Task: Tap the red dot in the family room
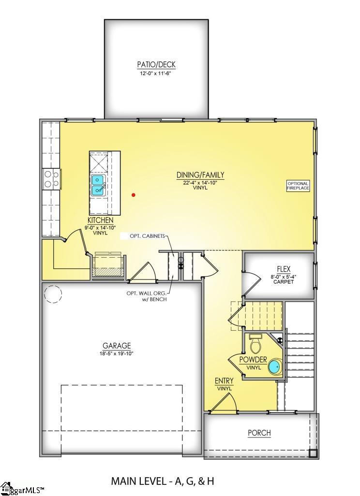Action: [x=134, y=195]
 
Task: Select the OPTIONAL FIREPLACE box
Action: [x=298, y=186]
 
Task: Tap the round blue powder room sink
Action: [x=274, y=367]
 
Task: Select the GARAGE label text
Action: [x=117, y=346]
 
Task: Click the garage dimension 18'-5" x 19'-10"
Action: [x=117, y=353]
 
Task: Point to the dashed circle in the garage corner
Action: [x=53, y=293]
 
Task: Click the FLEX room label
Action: [x=284, y=269]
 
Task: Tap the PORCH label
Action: [x=259, y=433]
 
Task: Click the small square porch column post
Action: [x=313, y=453]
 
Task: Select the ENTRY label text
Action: [x=224, y=381]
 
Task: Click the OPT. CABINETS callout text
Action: [x=147, y=236]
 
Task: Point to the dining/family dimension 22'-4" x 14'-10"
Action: [x=200, y=182]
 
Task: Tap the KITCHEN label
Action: [x=101, y=220]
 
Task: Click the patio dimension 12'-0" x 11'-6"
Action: [x=156, y=74]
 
